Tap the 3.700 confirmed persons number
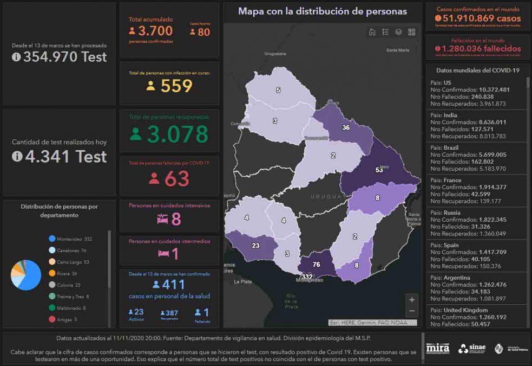(x=155, y=31)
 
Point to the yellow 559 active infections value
(x=176, y=86)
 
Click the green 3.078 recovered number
(x=178, y=134)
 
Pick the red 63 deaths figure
(x=177, y=179)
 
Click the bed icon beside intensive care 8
(x=162, y=219)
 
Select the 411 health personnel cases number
(x=174, y=284)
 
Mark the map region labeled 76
(x=316, y=264)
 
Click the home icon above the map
(x=372, y=32)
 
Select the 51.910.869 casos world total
(x=478, y=18)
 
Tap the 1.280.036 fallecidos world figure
(x=478, y=49)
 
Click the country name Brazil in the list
(x=450, y=148)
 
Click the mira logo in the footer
(x=437, y=348)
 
